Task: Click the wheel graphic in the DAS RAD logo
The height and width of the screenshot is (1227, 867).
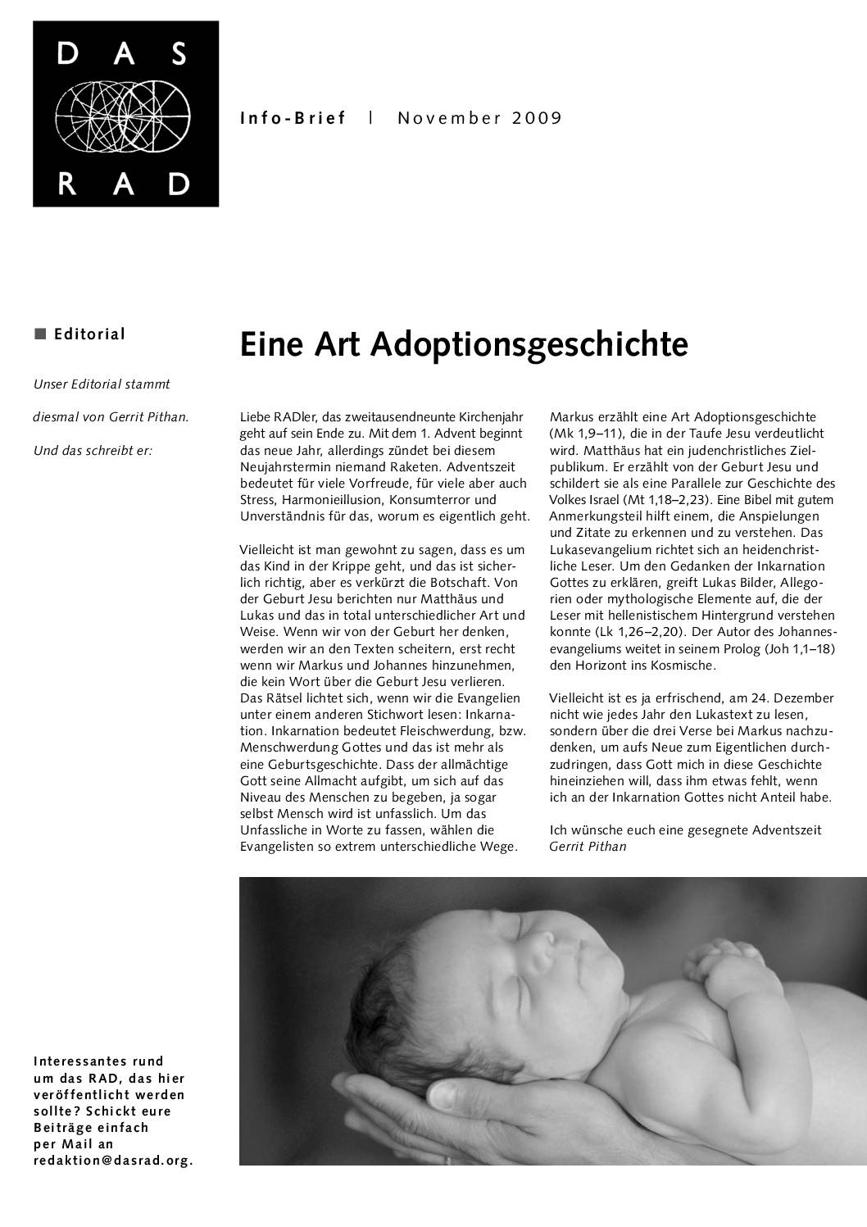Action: (125, 114)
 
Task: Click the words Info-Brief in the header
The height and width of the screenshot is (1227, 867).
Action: (293, 118)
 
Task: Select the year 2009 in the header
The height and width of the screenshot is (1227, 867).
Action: (538, 118)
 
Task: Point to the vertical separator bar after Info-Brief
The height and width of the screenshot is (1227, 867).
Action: (371, 117)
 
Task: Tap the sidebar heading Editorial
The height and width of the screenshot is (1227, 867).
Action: (89, 334)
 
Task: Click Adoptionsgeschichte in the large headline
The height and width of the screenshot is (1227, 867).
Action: (529, 345)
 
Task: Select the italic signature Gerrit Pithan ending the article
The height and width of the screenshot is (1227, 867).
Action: (588, 846)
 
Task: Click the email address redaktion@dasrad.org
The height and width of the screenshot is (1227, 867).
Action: (113, 1161)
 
